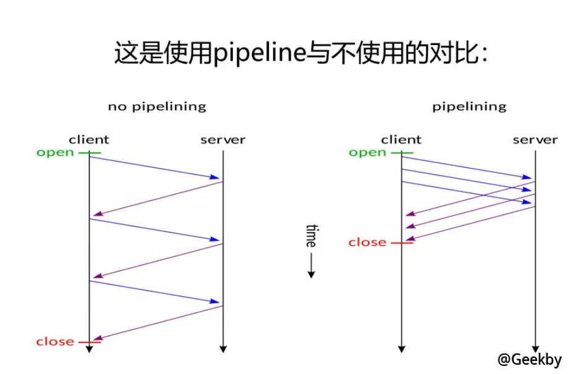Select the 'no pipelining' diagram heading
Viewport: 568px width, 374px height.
point(157,106)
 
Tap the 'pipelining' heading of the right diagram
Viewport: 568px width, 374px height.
point(469,106)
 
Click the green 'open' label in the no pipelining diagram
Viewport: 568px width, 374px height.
point(55,152)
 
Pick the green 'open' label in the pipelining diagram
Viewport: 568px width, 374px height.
point(367,152)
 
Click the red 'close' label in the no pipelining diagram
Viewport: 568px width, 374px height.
point(55,341)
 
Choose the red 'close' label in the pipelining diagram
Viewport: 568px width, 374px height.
point(367,242)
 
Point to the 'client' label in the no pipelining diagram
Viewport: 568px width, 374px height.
point(89,139)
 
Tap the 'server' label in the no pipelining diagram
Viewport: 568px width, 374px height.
point(222,139)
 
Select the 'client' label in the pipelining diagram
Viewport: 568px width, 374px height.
point(401,139)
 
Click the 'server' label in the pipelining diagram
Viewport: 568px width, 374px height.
point(535,139)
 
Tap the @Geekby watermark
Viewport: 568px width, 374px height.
point(530,360)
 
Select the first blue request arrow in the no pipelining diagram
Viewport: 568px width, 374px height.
point(154,168)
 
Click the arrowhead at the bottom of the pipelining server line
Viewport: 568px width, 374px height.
point(535,348)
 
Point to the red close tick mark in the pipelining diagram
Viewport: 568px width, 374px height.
point(402,242)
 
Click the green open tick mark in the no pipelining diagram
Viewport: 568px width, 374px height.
point(90,152)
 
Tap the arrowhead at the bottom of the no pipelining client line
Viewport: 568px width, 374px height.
point(89,349)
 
